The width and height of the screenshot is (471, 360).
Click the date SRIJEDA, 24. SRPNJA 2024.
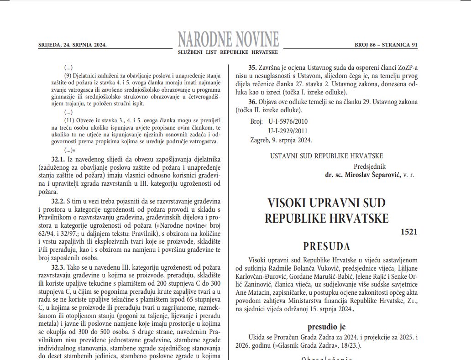pos(72,45)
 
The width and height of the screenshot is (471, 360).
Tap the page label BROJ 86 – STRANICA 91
pos(386,45)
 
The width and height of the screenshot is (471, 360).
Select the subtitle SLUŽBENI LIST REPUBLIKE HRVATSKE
pos(228,53)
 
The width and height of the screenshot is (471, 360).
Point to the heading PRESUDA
pos(326,246)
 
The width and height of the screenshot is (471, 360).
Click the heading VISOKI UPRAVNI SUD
pos(326,202)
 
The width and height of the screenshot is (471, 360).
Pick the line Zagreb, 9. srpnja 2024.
pos(281,140)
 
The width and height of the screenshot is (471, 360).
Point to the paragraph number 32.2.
pos(59,201)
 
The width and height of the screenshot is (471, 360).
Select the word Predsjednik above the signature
pos(370,166)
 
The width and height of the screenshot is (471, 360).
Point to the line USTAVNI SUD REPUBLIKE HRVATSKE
pos(327,156)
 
